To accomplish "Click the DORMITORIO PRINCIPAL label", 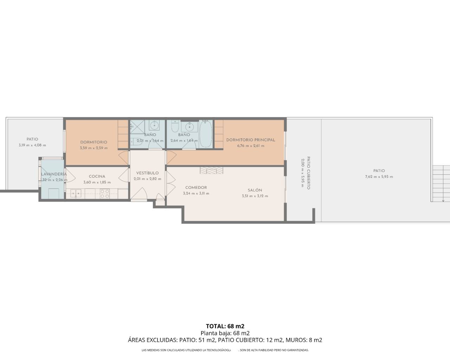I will [x=250, y=140].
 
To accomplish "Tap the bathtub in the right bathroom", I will [x=206, y=134].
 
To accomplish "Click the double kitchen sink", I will [x=76, y=193].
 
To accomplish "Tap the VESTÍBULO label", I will [x=147, y=173].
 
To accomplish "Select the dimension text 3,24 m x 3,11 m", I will [x=196, y=193].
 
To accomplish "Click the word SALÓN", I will [x=255, y=190].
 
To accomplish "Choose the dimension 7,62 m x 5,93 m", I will [x=379, y=177].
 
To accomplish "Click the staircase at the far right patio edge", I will [x=441, y=183].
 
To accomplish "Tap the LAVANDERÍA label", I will [x=53, y=174].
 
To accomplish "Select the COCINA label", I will [x=97, y=176].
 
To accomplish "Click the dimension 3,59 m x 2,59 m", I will [x=94, y=148].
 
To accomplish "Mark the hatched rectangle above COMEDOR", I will [x=211, y=171].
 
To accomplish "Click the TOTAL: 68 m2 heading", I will [x=225, y=326].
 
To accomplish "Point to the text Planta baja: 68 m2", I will [x=225, y=333].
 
